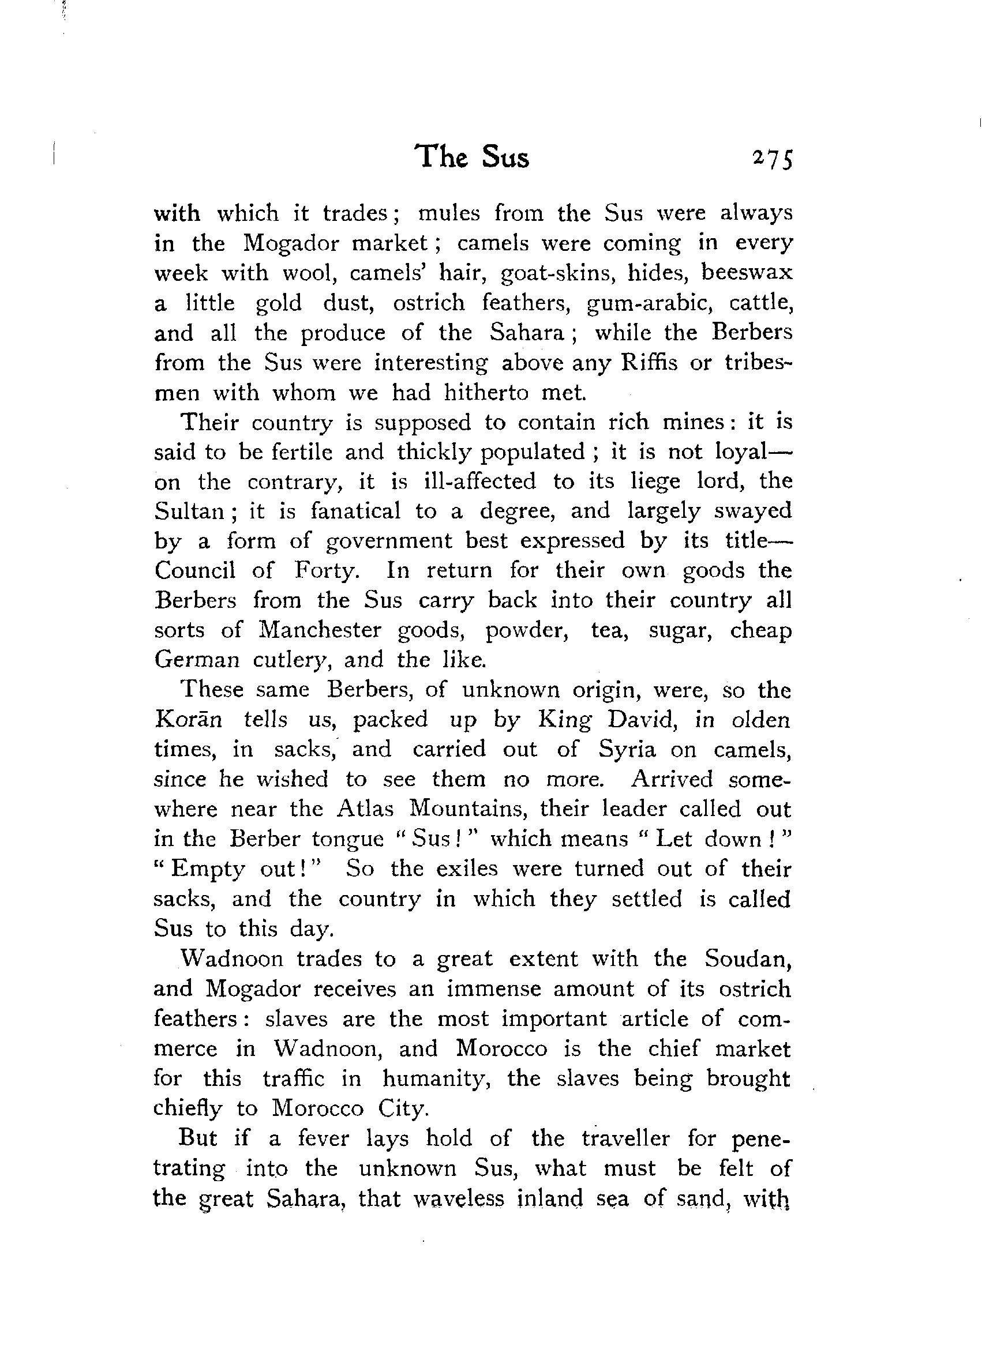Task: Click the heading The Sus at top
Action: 471,156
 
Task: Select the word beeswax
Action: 746,273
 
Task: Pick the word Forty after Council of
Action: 327,570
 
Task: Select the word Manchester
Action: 320,630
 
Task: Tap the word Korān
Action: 189,720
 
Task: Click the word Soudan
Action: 748,958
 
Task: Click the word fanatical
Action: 355,512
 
